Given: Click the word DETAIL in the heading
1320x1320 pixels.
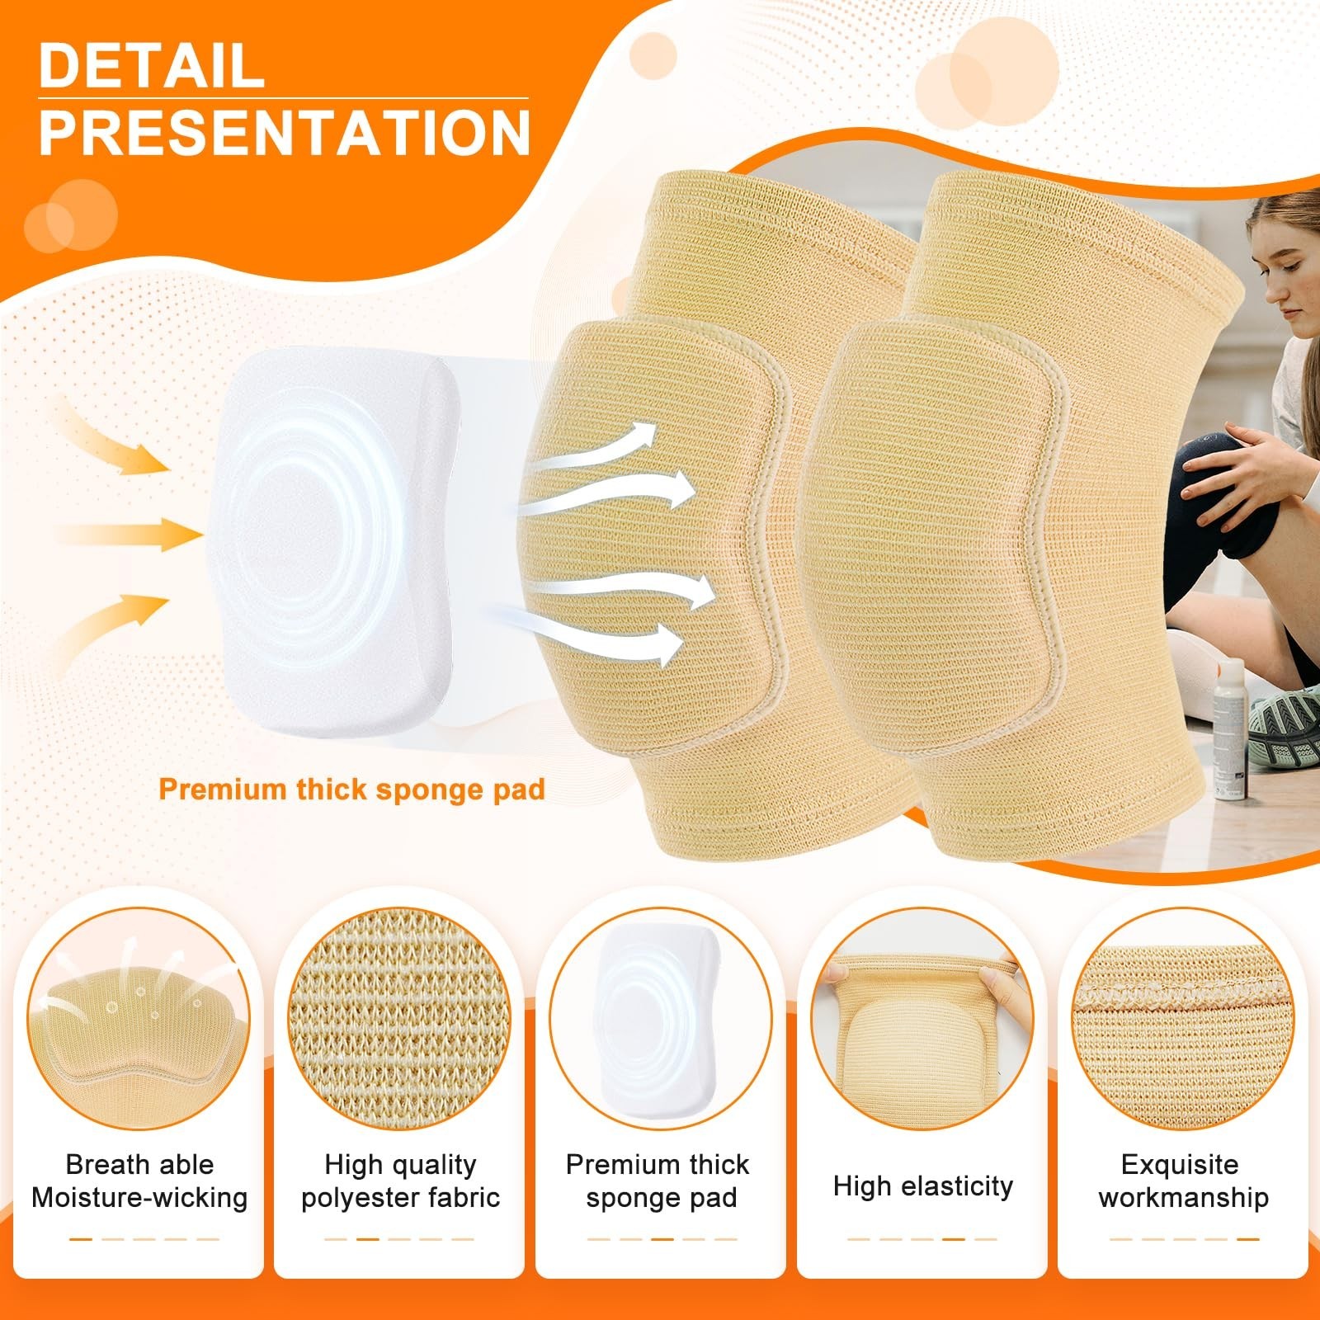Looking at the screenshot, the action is click(152, 66).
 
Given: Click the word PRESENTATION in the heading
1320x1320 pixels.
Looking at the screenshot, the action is click(285, 132).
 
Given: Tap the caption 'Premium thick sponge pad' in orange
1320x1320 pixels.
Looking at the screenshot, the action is click(352, 790).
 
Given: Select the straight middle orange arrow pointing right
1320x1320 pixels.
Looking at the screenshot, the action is click(130, 534).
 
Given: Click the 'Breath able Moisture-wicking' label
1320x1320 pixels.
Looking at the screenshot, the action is click(139, 1181).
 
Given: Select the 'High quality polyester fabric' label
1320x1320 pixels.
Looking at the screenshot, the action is click(400, 1181).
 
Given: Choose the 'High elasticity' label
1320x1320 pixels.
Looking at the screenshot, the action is click(922, 1186).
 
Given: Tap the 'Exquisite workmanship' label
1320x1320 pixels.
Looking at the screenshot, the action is click(1182, 1181).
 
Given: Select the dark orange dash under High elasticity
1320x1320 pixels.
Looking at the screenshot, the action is click(954, 1238).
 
